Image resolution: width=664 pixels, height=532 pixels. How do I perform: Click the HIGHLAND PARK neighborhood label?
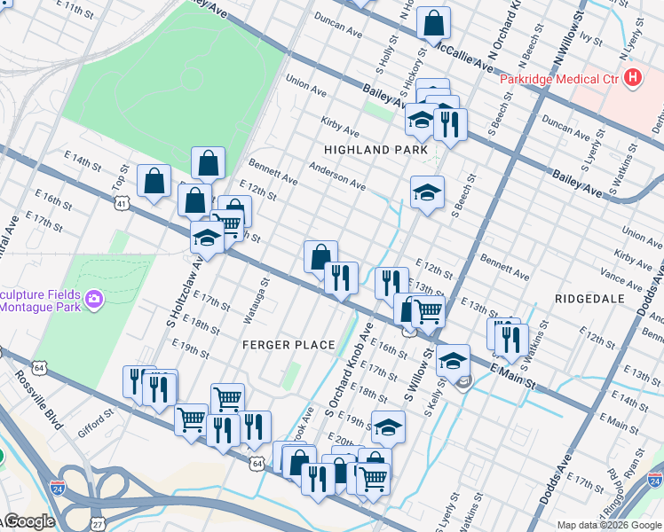click(x=375, y=150)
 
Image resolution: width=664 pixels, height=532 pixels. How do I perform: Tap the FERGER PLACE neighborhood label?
click(x=289, y=344)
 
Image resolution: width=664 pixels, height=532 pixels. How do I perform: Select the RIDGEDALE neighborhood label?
click(x=590, y=299)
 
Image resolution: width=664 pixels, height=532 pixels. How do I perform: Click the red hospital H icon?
click(x=633, y=79)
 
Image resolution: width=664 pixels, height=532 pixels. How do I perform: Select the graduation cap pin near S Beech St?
click(x=427, y=192)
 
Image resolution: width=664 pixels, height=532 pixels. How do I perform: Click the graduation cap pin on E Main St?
click(x=453, y=360)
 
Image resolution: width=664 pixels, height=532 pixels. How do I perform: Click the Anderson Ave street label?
click(x=337, y=176)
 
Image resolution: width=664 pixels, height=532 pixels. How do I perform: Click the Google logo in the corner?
click(x=28, y=521)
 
